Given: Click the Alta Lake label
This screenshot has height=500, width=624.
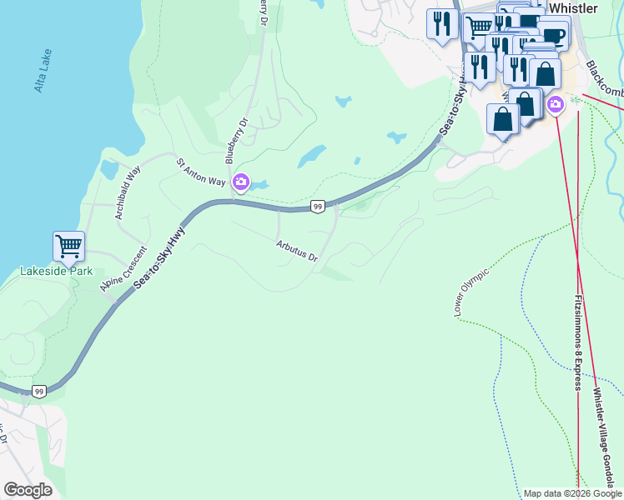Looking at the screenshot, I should tap(42, 73).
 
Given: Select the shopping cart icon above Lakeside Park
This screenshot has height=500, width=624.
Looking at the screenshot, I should tap(68, 246).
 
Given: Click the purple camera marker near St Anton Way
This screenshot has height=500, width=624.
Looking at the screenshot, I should tap(241, 181).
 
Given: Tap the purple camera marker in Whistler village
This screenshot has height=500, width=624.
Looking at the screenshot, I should tap(556, 104).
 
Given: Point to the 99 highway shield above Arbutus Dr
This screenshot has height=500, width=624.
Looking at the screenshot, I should tap(317, 207).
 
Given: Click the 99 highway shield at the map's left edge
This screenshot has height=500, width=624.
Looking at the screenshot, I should tap(38, 390).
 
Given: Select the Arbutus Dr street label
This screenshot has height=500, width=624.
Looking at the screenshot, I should tap(298, 251).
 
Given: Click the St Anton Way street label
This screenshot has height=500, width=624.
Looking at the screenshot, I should tap(200, 170).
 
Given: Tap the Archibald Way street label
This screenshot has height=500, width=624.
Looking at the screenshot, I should tap(128, 192).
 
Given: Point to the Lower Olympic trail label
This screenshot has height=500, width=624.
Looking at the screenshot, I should tap(471, 292).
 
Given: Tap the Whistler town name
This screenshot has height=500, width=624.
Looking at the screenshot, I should tap(574, 8).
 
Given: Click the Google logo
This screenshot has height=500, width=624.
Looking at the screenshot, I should tap(28, 489).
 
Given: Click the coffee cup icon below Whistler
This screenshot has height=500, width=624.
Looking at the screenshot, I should tap(554, 34).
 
